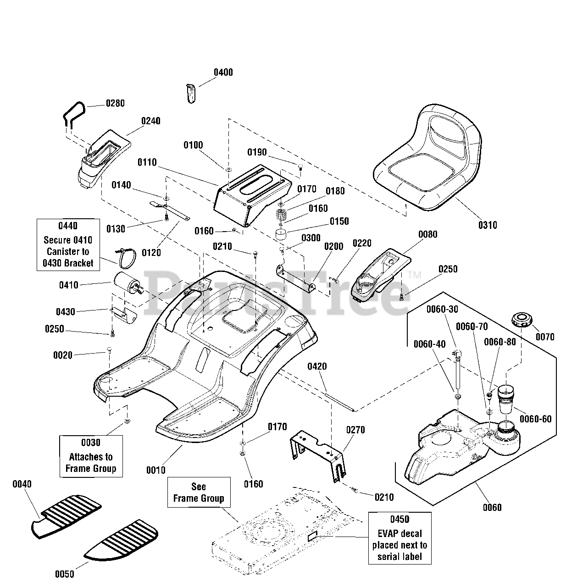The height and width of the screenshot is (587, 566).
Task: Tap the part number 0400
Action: (223, 72)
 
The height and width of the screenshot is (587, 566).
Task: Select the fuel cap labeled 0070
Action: (522, 323)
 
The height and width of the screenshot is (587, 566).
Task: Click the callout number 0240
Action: (151, 121)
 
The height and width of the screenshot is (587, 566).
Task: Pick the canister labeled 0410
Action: (128, 283)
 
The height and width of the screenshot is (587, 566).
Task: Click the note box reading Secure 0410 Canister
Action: (68, 244)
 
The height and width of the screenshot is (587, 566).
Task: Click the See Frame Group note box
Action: (199, 492)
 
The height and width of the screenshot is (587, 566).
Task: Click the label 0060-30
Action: (442, 309)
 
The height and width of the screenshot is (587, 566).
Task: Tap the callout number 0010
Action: (155, 470)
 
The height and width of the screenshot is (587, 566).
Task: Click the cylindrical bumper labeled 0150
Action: (281, 234)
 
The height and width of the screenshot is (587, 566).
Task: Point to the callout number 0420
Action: (317, 366)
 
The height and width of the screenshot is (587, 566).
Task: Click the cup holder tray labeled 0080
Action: (381, 275)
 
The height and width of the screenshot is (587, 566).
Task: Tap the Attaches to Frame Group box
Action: (91, 456)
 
